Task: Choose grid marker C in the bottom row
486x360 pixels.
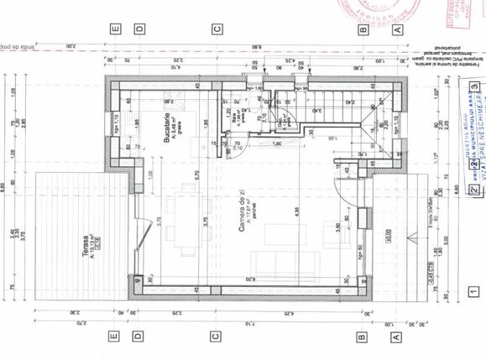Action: [x=215, y=337]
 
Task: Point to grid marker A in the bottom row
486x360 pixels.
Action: [x=398, y=337]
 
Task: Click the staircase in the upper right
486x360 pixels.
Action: [x=336, y=103]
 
